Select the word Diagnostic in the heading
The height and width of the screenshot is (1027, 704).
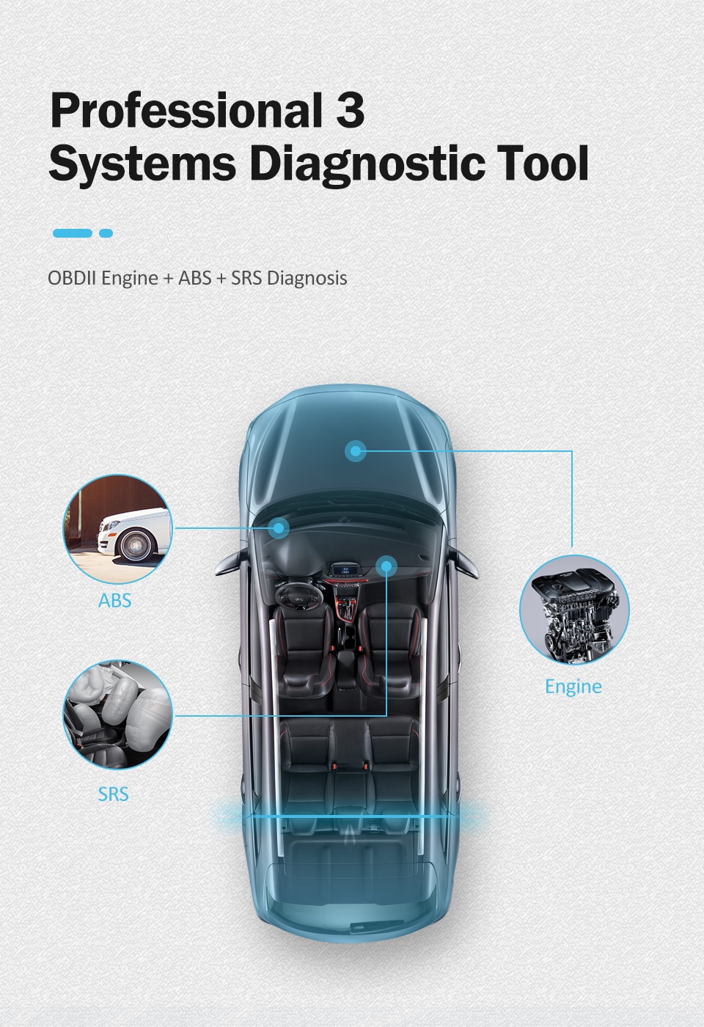pos(367,164)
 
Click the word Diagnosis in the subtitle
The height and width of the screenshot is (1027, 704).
pos(307,278)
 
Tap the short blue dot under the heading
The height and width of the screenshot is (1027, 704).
pos(106,233)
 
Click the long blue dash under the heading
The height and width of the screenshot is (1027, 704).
pos(73,233)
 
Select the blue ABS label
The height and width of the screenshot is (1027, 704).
pos(115,600)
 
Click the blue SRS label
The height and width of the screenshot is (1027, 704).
pos(113,794)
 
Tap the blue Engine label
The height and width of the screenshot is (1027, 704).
pos(573,687)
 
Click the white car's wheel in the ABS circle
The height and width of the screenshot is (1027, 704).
pos(136,544)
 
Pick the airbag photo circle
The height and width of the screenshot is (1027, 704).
pos(118,715)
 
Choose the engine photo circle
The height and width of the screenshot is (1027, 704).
pos(574,610)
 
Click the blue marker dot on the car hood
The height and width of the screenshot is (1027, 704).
pos(355,451)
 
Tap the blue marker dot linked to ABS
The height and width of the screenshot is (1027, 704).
pos(279,527)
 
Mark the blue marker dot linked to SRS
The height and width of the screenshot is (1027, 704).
pos(386,566)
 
